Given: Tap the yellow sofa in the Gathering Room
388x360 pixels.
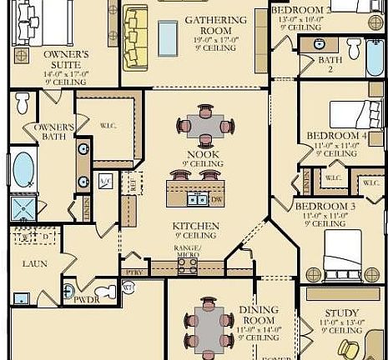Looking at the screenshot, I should pos(134,38).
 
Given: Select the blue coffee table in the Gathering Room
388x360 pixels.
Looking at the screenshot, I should pos(168,37).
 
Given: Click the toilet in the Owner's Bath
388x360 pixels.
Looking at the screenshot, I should pos(23,103).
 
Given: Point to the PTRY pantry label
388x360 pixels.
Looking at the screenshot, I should pos(130,271).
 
